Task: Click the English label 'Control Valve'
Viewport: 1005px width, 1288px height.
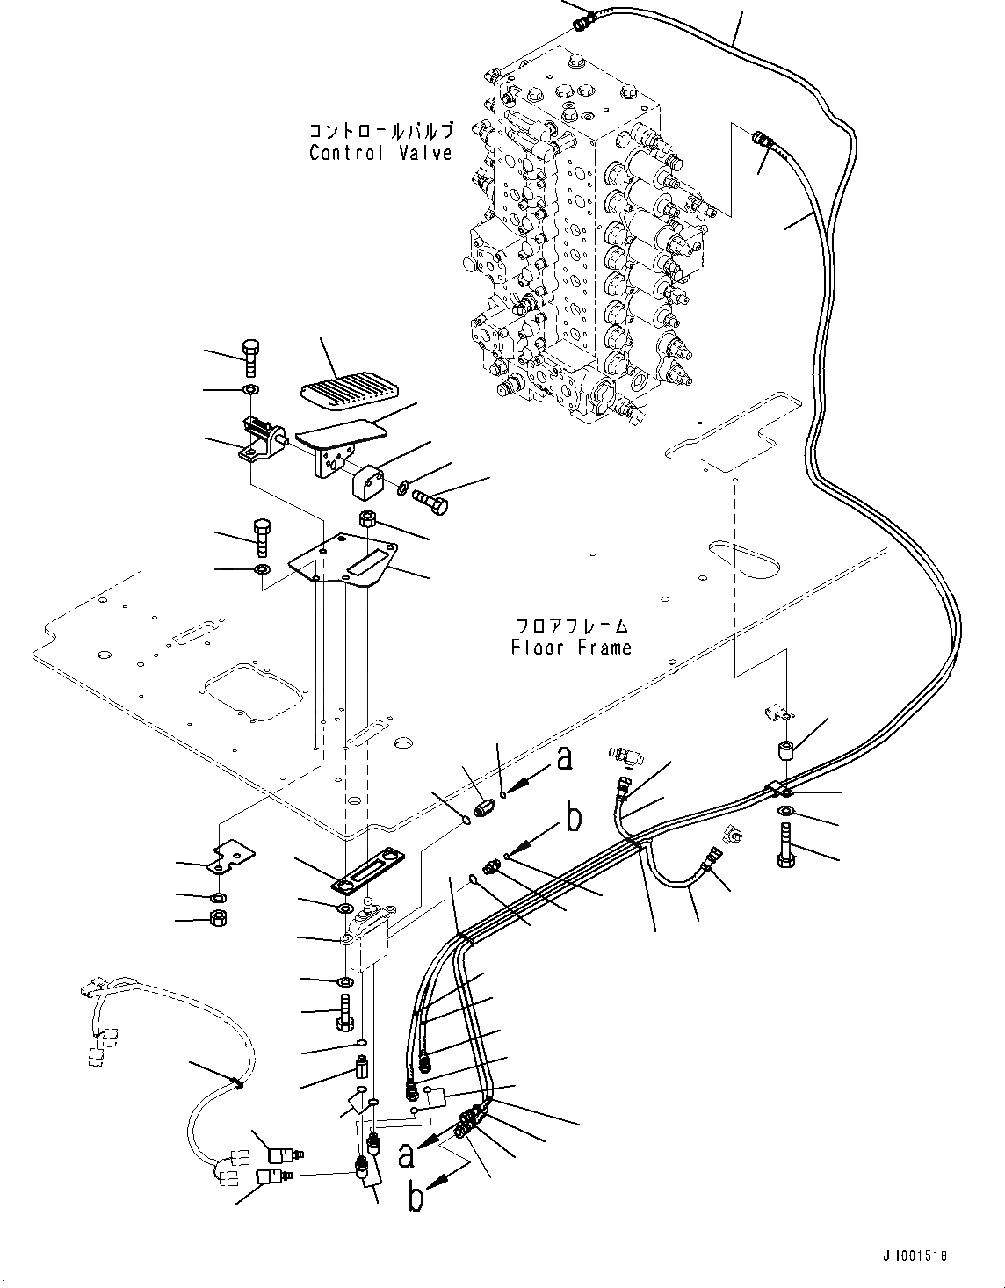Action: tap(380, 153)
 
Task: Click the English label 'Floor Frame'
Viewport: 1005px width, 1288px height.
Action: tap(571, 648)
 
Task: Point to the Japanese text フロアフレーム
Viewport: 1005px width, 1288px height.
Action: tap(572, 626)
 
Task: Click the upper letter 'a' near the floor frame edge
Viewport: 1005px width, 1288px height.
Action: tap(565, 757)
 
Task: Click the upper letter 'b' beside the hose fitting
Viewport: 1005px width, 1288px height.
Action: tap(574, 818)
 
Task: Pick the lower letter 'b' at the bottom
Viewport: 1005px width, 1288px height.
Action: tap(417, 1198)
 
